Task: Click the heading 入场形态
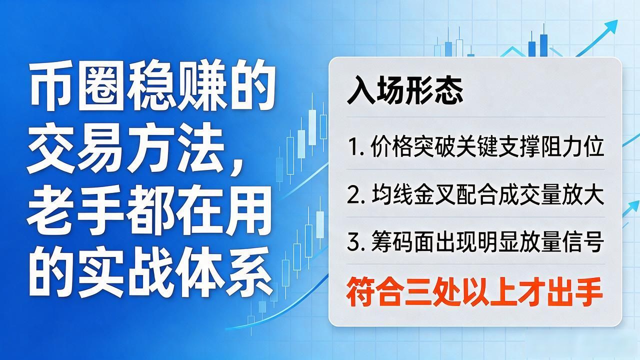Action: [x=404, y=90]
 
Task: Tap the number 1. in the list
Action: [x=355, y=147]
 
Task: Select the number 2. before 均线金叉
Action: [x=356, y=195]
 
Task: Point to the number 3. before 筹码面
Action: [x=356, y=243]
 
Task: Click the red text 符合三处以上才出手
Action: [x=474, y=292]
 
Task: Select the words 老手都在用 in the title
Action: [x=149, y=210]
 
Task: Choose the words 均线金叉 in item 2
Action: [x=413, y=195]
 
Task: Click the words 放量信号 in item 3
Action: [x=561, y=243]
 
